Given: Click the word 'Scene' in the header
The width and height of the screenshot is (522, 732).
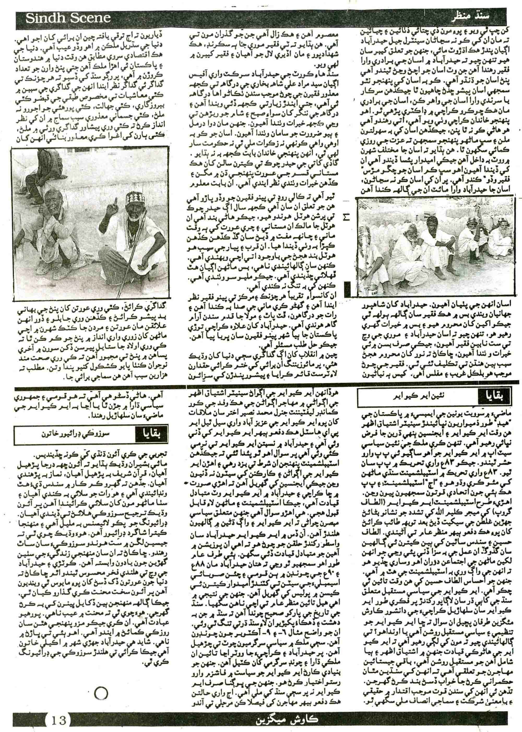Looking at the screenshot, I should (90, 18).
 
